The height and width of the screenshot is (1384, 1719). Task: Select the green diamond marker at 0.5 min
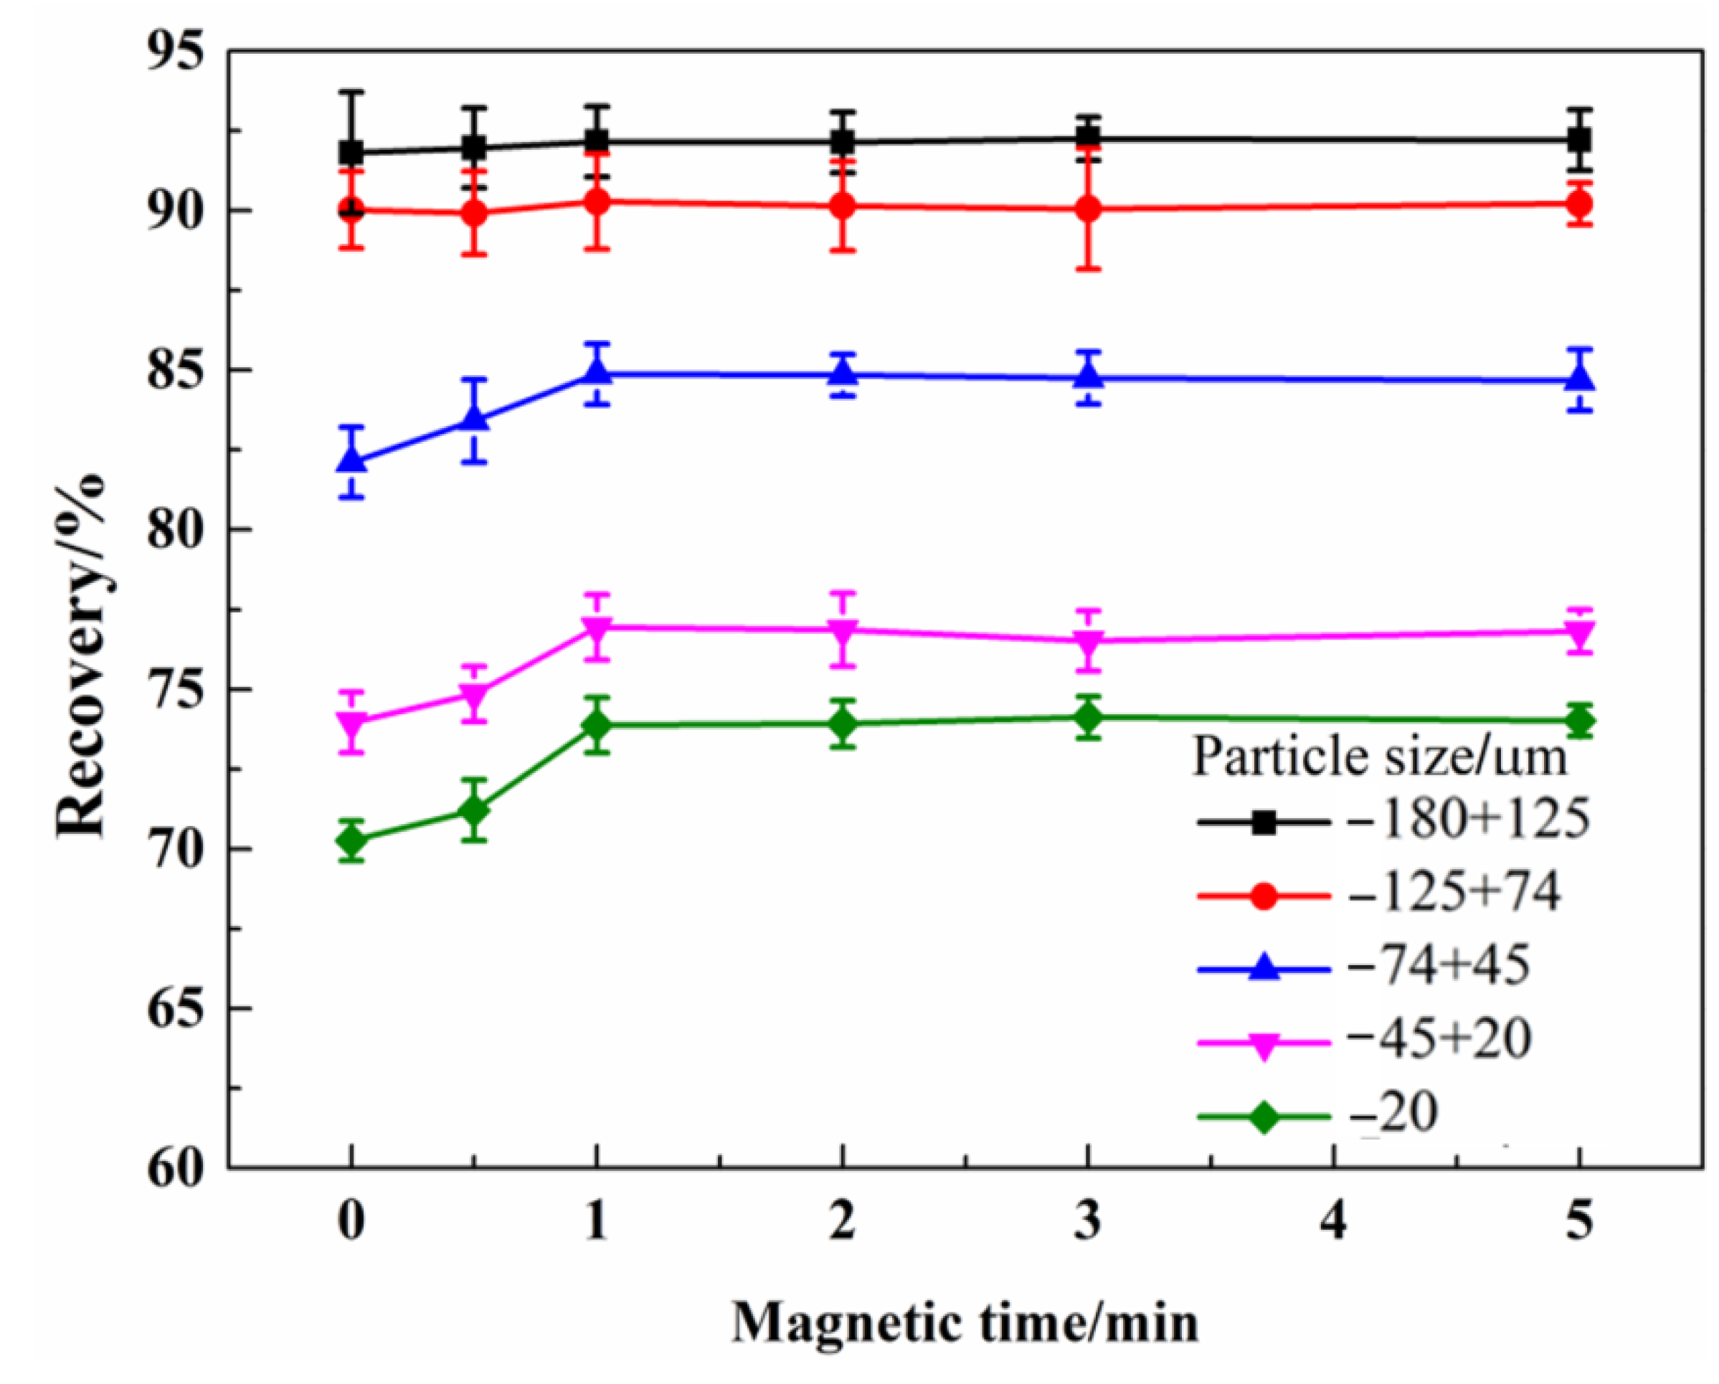tap(475, 811)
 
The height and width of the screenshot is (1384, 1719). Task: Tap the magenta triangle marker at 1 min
tap(597, 627)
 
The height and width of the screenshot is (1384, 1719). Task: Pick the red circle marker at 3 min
tap(1089, 209)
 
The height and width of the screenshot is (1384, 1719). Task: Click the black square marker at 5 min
tap(1579, 141)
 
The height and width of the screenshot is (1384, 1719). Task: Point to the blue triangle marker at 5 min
tap(1579, 379)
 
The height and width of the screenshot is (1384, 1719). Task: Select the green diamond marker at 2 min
tap(843, 724)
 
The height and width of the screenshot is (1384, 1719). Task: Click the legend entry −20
tap(1393, 1114)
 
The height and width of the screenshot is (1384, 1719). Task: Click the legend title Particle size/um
tap(1379, 756)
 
